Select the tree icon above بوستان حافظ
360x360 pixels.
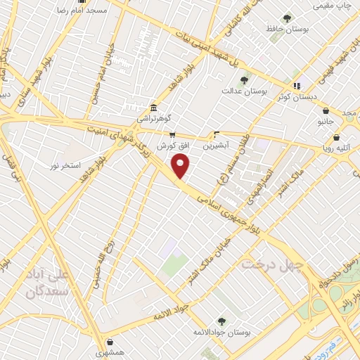pyautogui.click(x=285, y=18)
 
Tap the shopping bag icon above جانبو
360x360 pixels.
pyautogui.click(x=326, y=110)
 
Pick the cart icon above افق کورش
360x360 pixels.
pyautogui.click(x=171, y=134)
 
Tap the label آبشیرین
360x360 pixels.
pyautogui.click(x=217, y=146)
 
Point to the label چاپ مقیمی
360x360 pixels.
pyautogui.click(x=333, y=6)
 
